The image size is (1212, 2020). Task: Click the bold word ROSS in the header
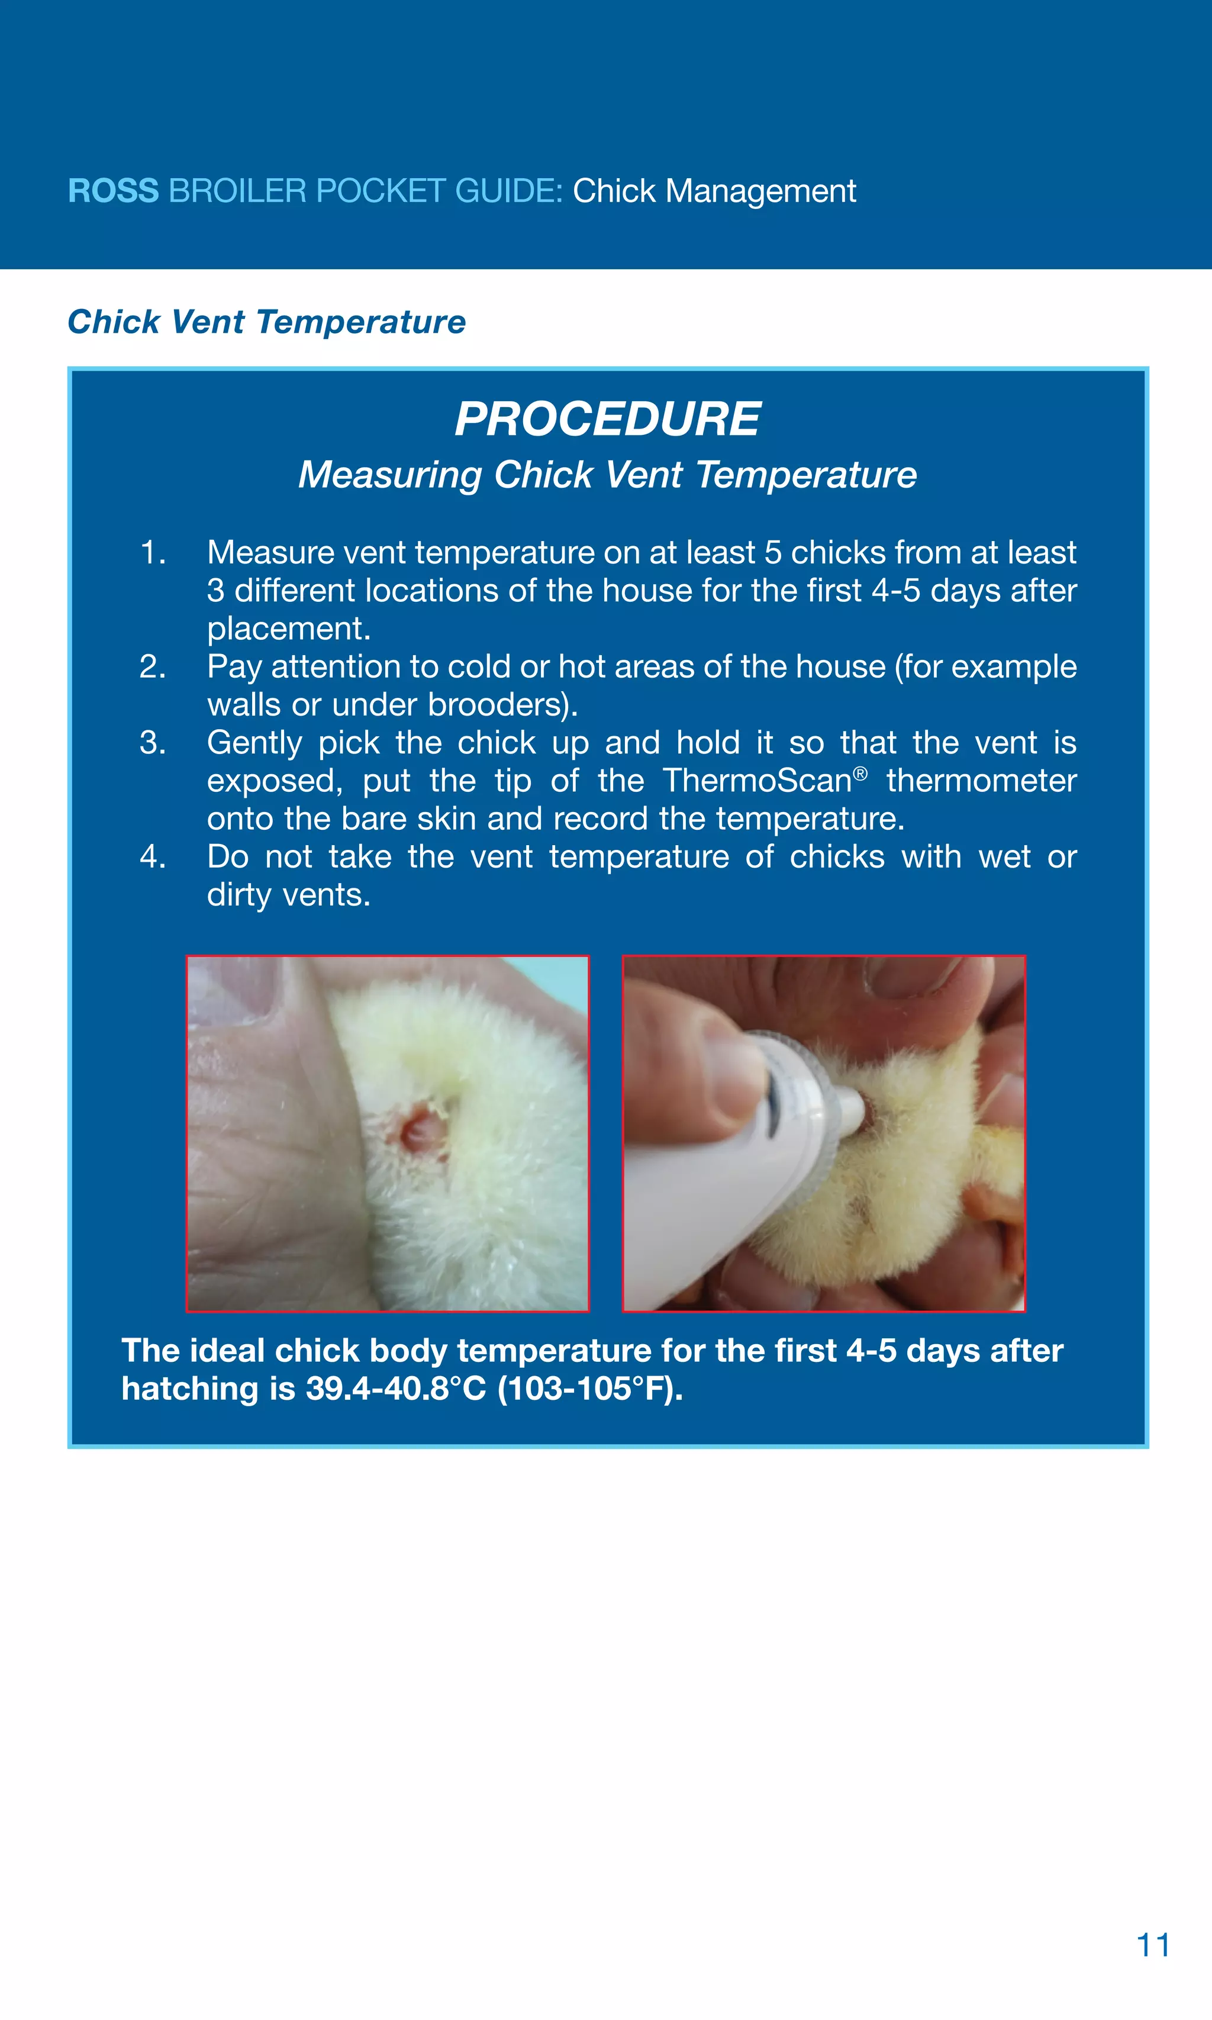[112, 191]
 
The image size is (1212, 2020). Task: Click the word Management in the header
[760, 191]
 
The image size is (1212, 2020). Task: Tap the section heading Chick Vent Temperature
[266, 322]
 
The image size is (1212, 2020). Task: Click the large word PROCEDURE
[608, 419]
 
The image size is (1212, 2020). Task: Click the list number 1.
[153, 553]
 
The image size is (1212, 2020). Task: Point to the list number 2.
[153, 666]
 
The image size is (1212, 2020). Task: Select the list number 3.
[153, 743]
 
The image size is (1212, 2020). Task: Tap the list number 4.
[153, 857]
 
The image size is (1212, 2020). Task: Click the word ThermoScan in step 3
[757, 781]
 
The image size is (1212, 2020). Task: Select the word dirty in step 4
[239, 895]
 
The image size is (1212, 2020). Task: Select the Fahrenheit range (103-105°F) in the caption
[589, 1388]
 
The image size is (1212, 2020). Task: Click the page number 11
[1152, 1945]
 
